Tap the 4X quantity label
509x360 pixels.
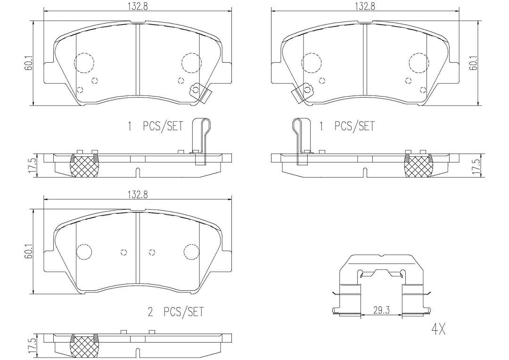coord(438,330)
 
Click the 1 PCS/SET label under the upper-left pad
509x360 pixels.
coord(156,126)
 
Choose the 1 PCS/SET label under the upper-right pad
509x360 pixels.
coord(347,126)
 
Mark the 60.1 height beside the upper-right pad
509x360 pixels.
coord(474,63)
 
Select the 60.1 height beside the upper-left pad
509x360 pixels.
coord(29,63)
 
